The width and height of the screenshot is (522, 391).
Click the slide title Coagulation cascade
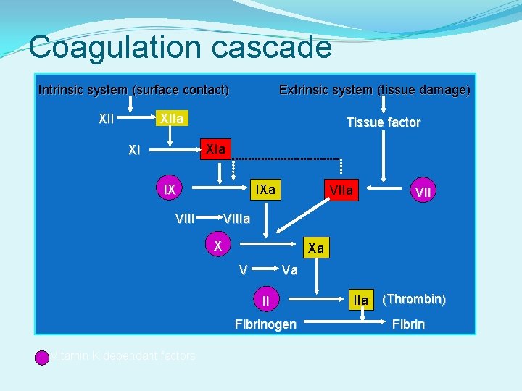(x=180, y=48)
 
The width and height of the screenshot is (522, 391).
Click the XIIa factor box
(x=172, y=118)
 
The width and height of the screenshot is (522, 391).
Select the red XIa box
(x=215, y=150)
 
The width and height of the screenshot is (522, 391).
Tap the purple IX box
(x=170, y=190)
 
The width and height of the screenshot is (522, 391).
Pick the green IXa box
(x=265, y=190)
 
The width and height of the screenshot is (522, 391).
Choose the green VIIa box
(x=341, y=190)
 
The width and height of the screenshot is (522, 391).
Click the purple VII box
(x=423, y=191)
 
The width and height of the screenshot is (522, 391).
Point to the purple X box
(x=217, y=245)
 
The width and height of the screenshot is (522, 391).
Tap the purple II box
(x=266, y=300)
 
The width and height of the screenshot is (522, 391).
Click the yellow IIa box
(x=360, y=300)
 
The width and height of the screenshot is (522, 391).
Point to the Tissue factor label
(x=383, y=122)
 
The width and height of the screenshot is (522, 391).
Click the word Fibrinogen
(x=265, y=324)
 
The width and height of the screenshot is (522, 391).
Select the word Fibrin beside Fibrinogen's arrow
(x=408, y=324)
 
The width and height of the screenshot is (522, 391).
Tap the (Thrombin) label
(x=413, y=299)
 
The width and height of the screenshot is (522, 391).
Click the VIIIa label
(x=237, y=218)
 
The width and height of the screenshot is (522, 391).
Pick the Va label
(x=290, y=270)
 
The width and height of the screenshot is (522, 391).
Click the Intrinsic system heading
(x=133, y=91)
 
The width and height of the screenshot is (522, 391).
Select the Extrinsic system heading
(x=375, y=91)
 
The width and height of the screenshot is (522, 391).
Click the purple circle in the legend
(x=42, y=356)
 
